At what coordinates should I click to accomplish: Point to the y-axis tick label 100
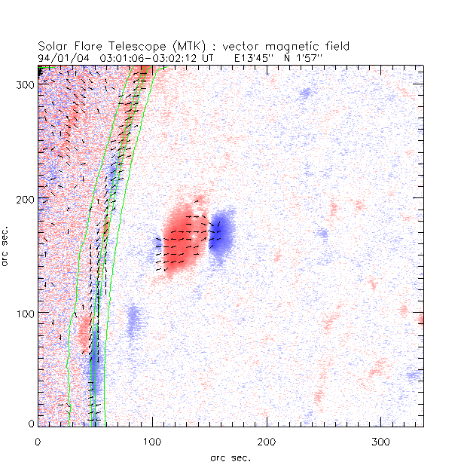click(24, 313)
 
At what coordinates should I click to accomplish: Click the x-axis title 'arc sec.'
click(230, 456)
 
